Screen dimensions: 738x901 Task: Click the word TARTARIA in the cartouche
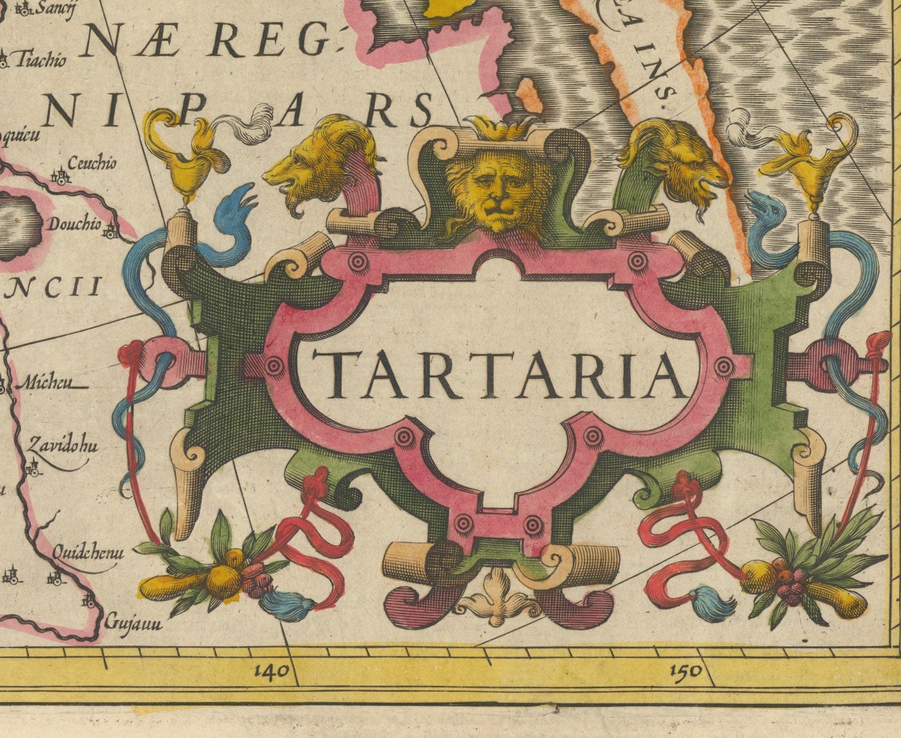(x=499, y=374)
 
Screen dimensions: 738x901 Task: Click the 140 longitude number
(x=272, y=671)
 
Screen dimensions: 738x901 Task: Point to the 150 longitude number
(x=685, y=671)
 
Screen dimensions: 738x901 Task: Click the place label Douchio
(x=74, y=225)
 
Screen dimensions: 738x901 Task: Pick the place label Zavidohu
(x=62, y=446)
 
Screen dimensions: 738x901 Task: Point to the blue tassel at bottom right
(x=712, y=604)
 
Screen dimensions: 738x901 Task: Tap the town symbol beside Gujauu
(x=89, y=601)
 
